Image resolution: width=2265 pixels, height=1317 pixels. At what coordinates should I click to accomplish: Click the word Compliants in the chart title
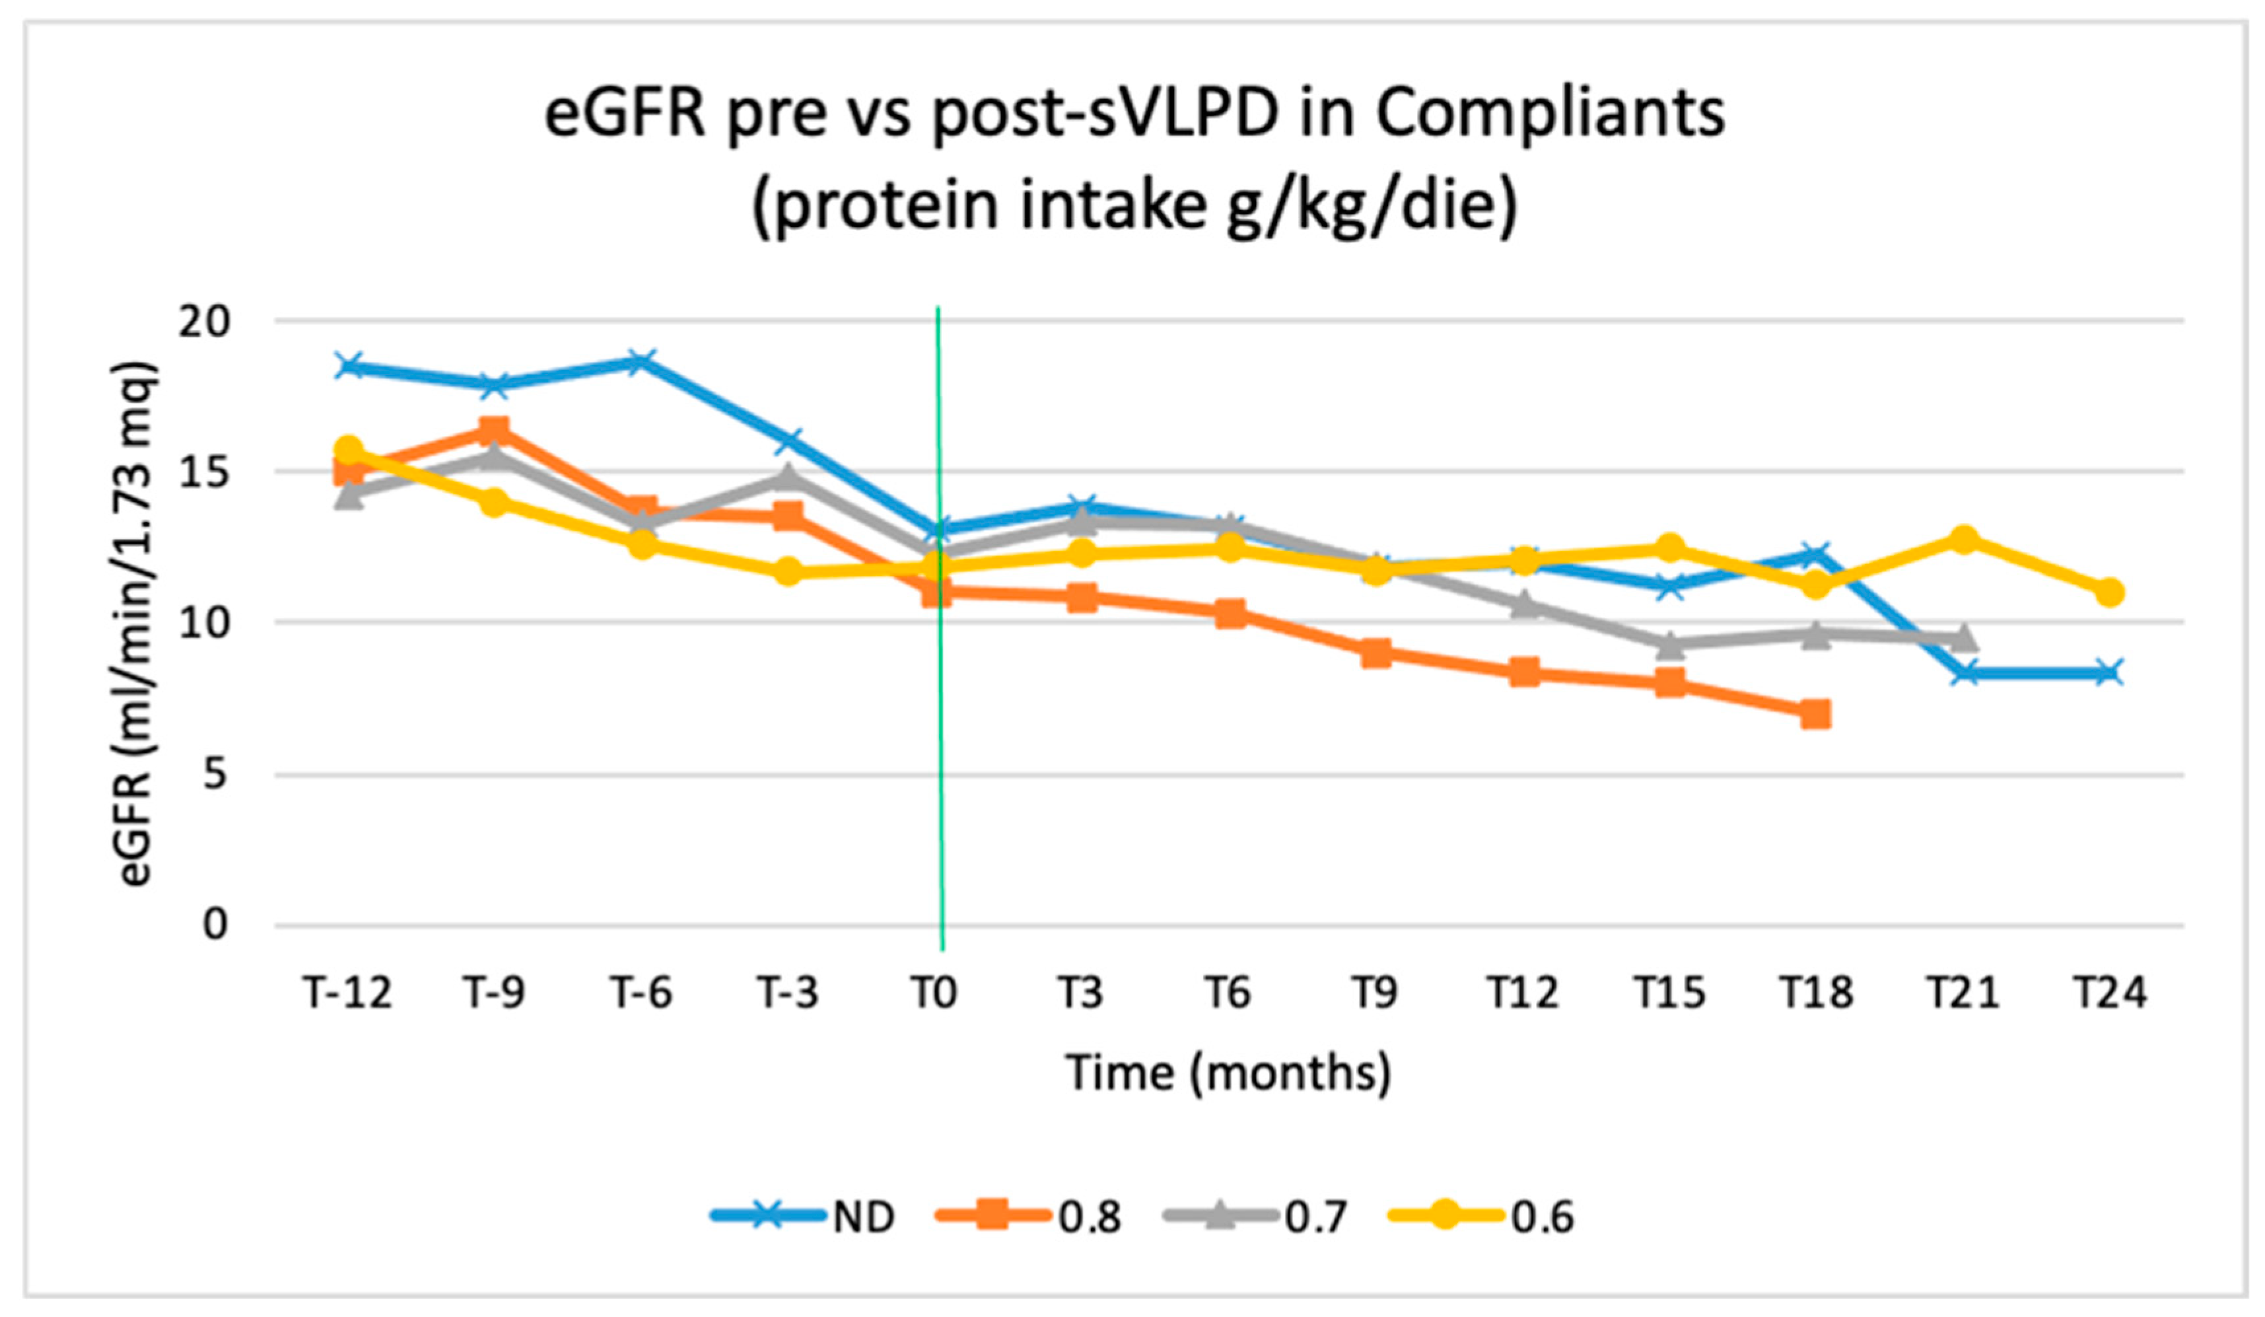coord(1550,115)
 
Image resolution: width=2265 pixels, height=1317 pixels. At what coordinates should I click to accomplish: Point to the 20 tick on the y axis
coord(204,321)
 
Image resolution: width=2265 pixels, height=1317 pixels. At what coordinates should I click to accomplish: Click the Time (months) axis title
coord(1228,1073)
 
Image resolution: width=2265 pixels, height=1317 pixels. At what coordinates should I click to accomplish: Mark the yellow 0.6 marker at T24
coord(2110,592)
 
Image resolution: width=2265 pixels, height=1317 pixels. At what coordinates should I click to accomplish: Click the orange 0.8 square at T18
coord(1815,715)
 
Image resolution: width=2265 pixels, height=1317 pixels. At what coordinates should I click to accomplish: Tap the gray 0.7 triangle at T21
coord(1963,638)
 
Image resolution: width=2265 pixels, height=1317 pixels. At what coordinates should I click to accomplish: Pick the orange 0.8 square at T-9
coord(495,431)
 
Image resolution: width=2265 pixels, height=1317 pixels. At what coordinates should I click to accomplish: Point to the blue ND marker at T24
coord(2110,672)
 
